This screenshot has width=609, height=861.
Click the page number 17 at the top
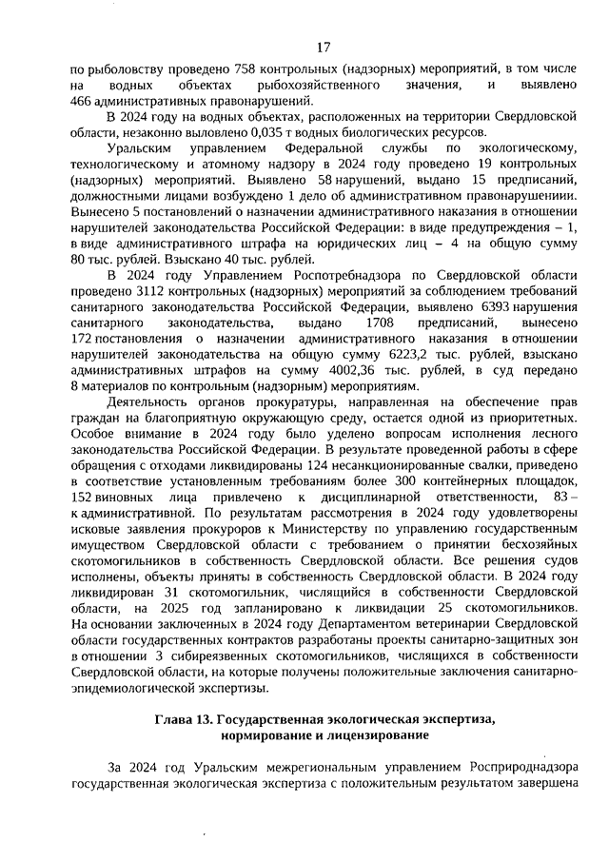click(x=324, y=47)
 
